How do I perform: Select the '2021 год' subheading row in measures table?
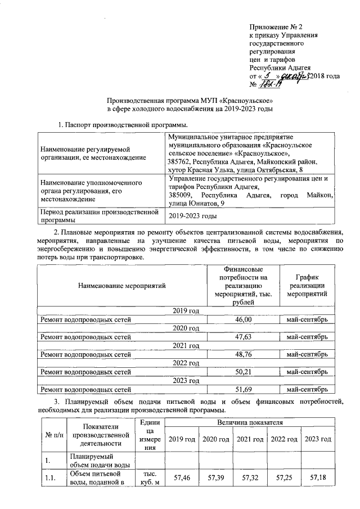coord(186,345)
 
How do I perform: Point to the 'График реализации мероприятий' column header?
coord(307,286)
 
